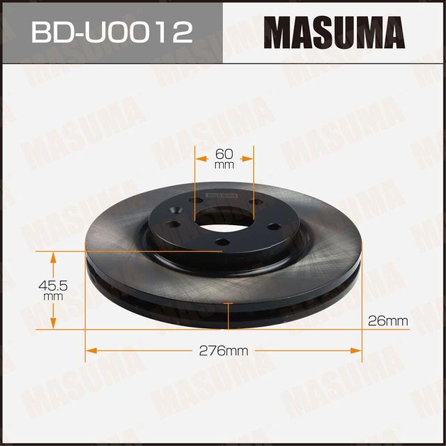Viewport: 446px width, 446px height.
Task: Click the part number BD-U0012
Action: [x=111, y=31]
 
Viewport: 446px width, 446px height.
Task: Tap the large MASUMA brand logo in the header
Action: [x=334, y=31]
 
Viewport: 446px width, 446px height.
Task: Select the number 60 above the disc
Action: [x=223, y=154]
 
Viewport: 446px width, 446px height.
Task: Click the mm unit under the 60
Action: [x=223, y=166]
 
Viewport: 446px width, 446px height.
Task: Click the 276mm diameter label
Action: [x=223, y=351]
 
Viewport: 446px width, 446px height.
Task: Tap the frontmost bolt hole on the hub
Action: [x=222, y=241]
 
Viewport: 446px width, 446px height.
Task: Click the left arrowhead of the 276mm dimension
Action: [x=90, y=351]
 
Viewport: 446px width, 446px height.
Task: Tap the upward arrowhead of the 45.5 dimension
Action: [x=53, y=255]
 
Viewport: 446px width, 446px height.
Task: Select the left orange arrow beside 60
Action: [x=201, y=159]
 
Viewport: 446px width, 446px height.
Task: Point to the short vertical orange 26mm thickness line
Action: [x=229, y=316]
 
